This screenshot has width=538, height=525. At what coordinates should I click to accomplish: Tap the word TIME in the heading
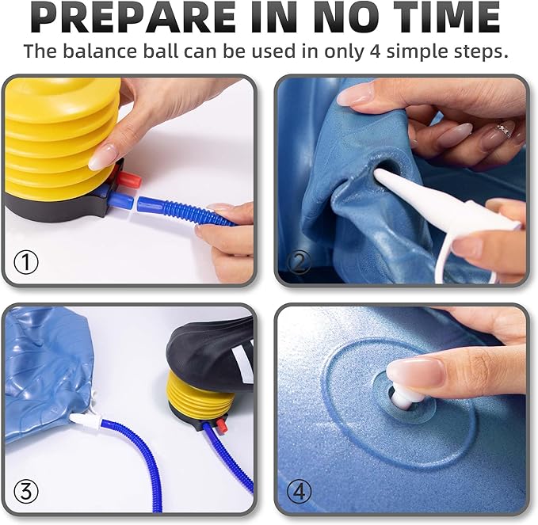(x=447, y=17)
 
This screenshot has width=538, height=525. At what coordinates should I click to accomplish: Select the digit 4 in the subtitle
(x=376, y=51)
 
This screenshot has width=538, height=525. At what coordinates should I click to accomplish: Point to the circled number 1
(x=26, y=262)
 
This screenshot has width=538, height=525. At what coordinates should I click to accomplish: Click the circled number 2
(x=299, y=262)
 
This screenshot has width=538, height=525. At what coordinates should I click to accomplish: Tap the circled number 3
(x=26, y=492)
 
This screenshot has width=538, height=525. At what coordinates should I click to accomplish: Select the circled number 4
(x=299, y=492)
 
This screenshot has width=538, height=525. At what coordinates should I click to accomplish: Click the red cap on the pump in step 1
(x=128, y=180)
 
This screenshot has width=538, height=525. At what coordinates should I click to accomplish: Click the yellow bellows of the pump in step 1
(x=62, y=137)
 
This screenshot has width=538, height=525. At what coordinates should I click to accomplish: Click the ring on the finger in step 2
(x=504, y=129)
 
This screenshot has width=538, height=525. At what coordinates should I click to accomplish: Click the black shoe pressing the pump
(x=210, y=353)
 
